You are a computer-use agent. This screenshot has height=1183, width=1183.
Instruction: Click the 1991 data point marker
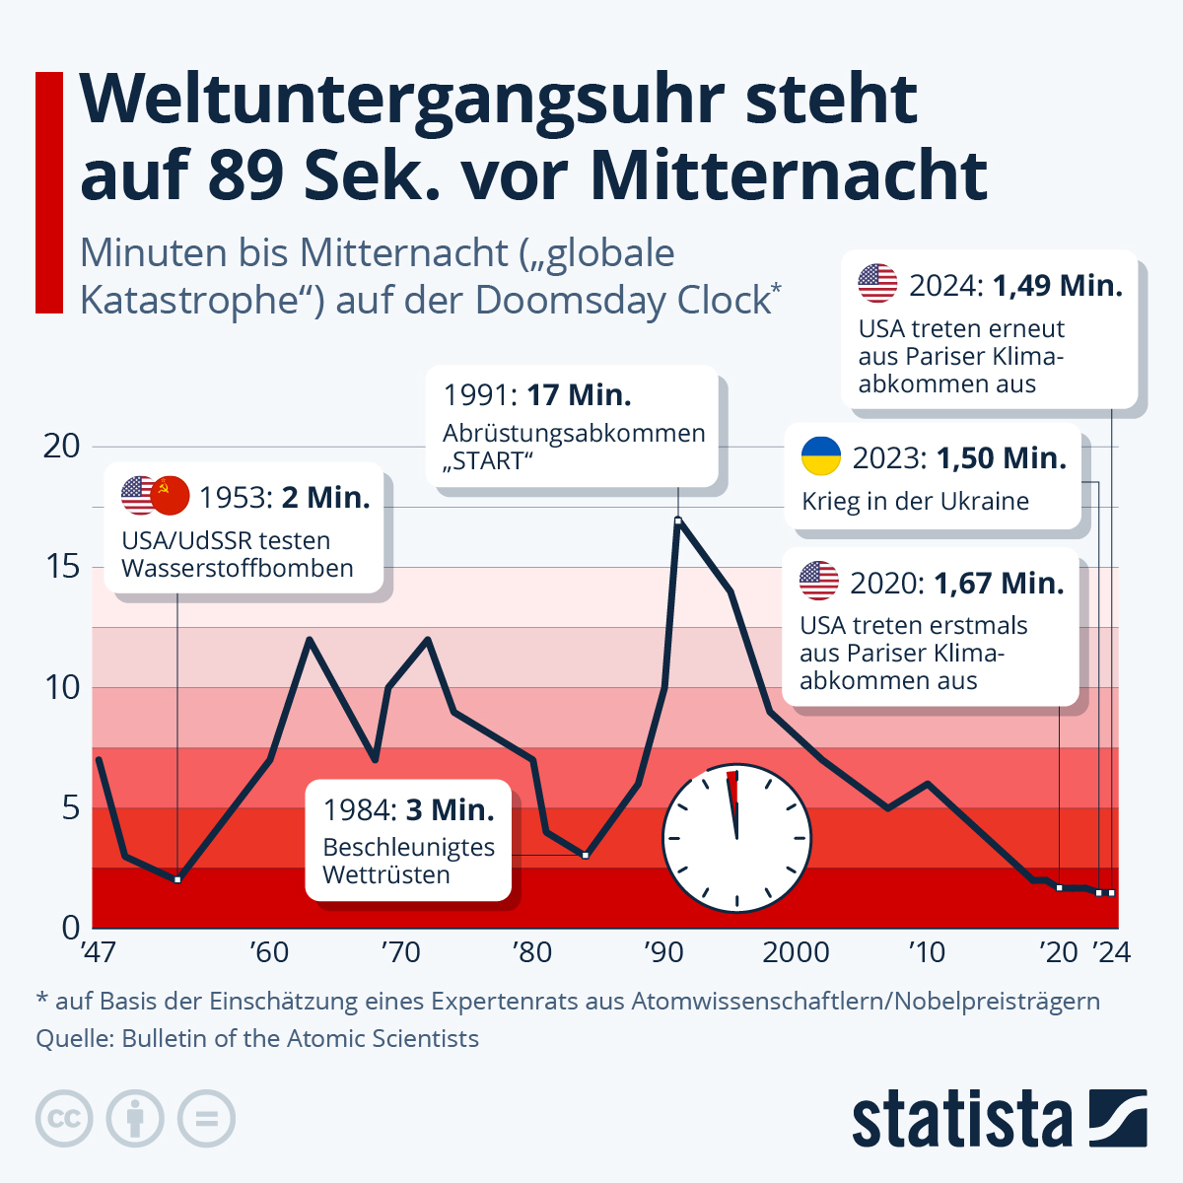pyautogui.click(x=678, y=520)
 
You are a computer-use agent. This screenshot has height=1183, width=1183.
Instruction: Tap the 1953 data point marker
pyautogui.click(x=177, y=879)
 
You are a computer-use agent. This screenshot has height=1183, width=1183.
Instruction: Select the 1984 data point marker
pyautogui.click(x=586, y=855)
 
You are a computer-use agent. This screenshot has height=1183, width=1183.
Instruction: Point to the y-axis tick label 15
pyautogui.click(x=62, y=567)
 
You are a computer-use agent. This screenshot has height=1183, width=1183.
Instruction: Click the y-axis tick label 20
pyautogui.click(x=62, y=446)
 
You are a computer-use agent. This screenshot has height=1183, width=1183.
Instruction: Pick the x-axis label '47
pyautogui.click(x=98, y=952)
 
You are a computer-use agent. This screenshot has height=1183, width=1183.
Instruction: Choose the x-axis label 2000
pyautogui.click(x=796, y=952)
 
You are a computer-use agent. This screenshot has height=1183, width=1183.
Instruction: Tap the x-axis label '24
pyautogui.click(x=1111, y=952)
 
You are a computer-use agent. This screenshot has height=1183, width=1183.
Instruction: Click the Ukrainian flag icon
pyautogui.click(x=820, y=457)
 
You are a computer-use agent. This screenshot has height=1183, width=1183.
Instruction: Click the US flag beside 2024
pyautogui.click(x=877, y=284)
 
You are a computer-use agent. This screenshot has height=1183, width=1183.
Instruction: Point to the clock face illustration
pyautogui.click(x=736, y=838)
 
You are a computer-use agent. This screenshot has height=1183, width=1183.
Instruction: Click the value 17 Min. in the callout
pyautogui.click(x=579, y=395)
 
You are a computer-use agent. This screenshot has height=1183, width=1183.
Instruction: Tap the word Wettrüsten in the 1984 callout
pyautogui.click(x=386, y=874)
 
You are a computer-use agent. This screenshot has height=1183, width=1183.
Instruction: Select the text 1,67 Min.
pyautogui.click(x=999, y=583)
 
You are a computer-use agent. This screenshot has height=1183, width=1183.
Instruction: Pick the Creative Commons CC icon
pyautogui.click(x=64, y=1119)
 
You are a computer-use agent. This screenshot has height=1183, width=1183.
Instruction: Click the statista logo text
pyautogui.click(x=961, y=1119)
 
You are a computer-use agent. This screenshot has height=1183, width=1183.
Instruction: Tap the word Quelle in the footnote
pyautogui.click(x=72, y=1038)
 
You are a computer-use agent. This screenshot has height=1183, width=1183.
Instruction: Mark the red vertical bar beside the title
pyautogui.click(x=49, y=192)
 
